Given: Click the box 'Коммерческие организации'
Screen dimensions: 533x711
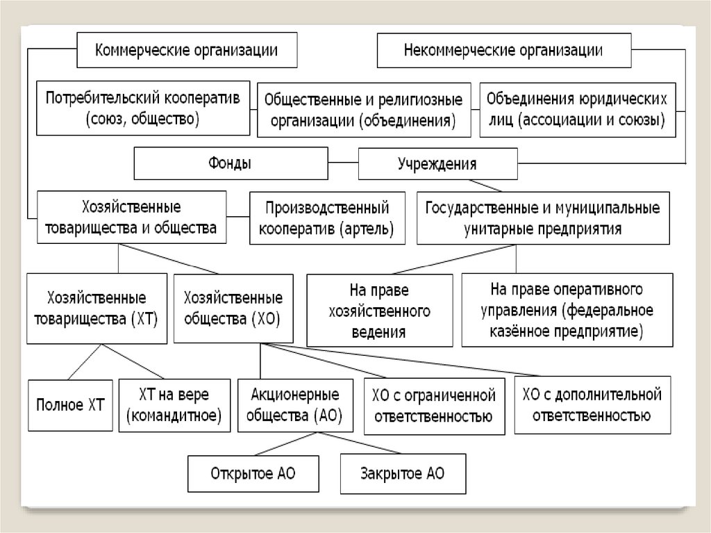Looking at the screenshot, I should [187, 51].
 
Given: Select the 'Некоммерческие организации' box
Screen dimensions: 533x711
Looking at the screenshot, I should [503, 51].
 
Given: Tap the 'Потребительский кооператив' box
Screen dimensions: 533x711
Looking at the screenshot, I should [143, 108].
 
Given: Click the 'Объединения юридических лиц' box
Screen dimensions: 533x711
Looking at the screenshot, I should [577, 110].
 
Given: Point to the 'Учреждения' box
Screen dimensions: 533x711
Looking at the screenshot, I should [437, 165].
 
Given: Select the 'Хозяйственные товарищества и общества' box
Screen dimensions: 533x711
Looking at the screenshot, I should [131, 218].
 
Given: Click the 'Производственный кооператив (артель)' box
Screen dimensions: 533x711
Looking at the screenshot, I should [326, 218].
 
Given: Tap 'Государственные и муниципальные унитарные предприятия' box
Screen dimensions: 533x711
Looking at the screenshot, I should [542, 218].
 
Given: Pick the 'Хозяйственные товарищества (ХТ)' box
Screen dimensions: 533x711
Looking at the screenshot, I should [97, 309].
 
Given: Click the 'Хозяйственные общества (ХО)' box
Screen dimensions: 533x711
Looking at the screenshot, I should [233, 309].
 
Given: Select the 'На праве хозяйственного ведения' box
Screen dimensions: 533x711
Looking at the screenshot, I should [379, 310].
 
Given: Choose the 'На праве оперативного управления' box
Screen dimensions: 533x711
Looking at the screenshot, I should [567, 310].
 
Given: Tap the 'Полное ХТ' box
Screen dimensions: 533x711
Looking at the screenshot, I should [69, 404].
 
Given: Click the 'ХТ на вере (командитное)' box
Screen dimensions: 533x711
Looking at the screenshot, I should [174, 404].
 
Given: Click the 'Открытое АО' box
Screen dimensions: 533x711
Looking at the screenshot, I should [253, 474].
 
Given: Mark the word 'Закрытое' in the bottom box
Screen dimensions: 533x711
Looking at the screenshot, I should [388, 474].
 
